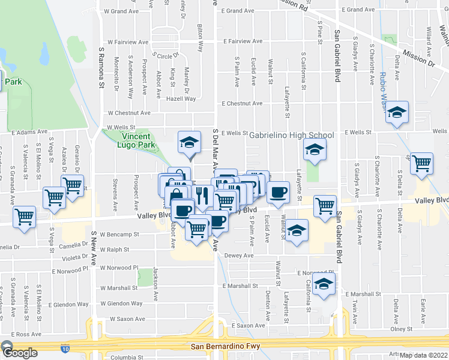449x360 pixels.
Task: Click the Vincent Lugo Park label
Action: [129, 140]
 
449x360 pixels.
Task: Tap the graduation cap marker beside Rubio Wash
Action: [396, 113]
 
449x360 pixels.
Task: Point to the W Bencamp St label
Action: [119, 235]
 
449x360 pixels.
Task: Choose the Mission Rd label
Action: [296, 7]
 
